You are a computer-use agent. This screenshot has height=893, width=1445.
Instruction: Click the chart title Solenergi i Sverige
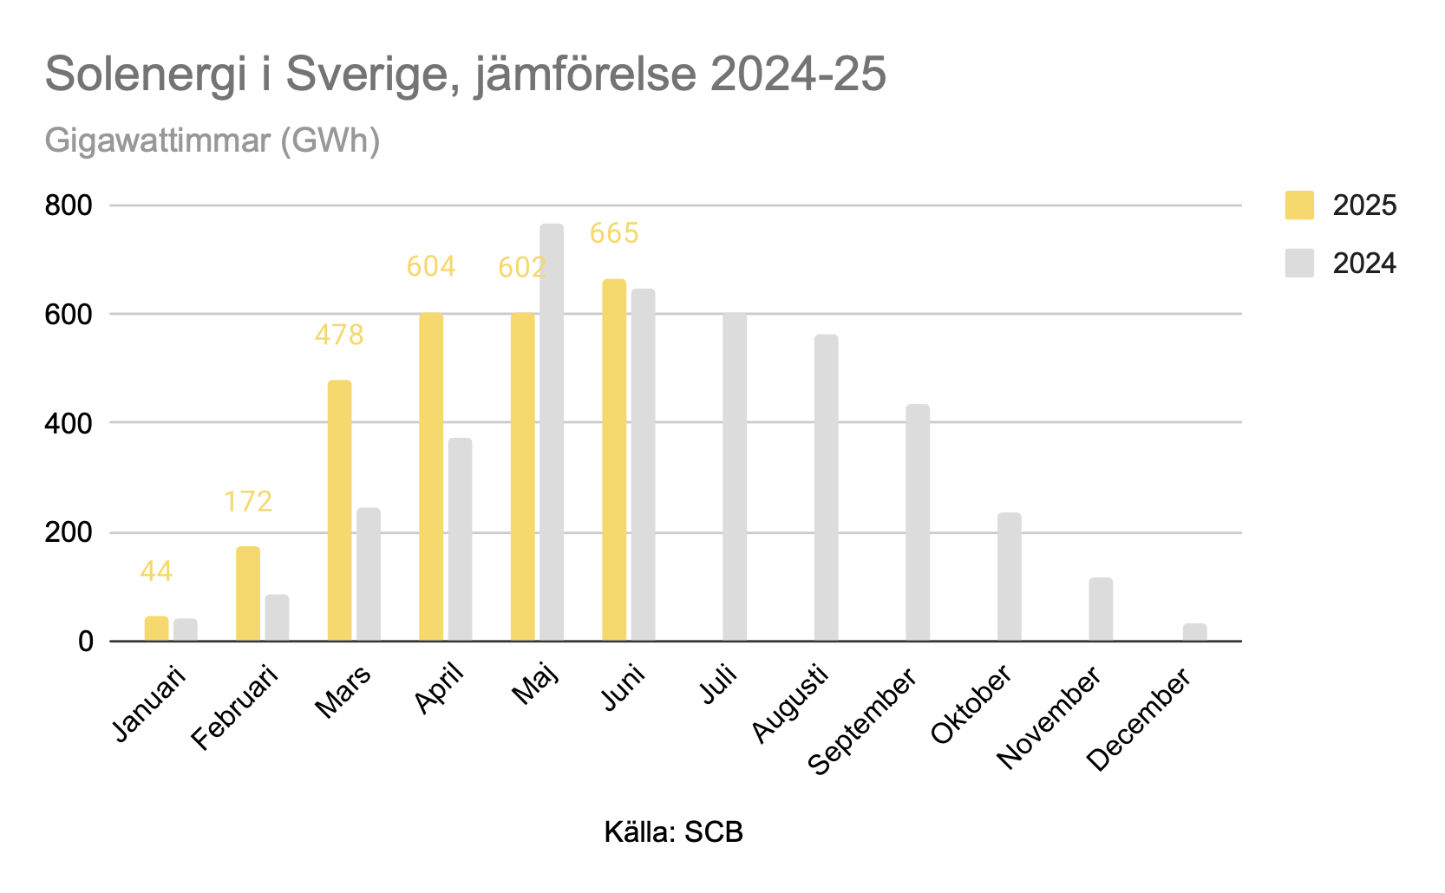tap(465, 75)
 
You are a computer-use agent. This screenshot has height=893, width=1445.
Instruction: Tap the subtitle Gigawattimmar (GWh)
tap(212, 140)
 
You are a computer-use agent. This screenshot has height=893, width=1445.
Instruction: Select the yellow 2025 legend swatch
tap(1298, 205)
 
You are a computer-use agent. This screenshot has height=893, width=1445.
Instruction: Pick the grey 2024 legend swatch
tap(1298, 264)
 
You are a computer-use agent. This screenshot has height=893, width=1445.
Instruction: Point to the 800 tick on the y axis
tap(69, 205)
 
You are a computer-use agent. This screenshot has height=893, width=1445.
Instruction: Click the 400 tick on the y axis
tap(69, 423)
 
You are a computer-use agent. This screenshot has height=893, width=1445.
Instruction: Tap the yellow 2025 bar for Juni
tap(614, 460)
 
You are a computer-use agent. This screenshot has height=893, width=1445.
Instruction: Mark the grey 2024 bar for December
tap(1194, 632)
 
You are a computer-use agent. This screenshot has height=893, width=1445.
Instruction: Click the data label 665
tap(614, 233)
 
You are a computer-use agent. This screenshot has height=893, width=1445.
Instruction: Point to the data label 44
tap(156, 571)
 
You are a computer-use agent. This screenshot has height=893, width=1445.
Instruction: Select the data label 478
tap(339, 335)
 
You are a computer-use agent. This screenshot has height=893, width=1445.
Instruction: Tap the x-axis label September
tap(863, 721)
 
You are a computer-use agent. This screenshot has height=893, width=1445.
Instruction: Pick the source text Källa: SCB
tap(673, 832)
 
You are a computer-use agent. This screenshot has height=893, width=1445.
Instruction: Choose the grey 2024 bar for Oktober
tap(1009, 577)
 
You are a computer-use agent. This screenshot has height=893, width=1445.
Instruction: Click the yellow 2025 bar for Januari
tap(156, 629)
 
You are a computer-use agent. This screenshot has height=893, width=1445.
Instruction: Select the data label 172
tap(248, 501)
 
